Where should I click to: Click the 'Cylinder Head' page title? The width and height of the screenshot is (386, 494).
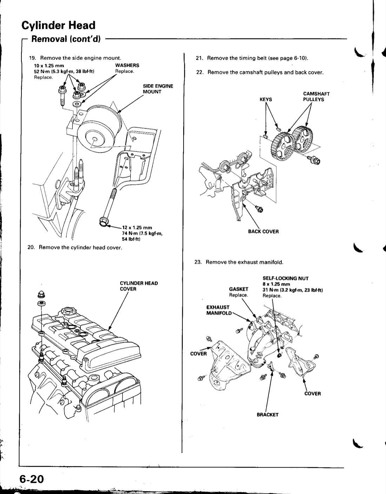tap(58, 25)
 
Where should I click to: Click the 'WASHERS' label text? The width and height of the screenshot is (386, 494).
tap(127, 66)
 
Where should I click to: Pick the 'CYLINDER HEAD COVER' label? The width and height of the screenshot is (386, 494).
tap(139, 286)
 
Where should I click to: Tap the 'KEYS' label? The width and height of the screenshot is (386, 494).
tap(266, 99)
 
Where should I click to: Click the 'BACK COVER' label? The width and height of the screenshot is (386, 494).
tap(263, 232)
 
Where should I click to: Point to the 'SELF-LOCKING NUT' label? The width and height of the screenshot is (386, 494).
tap(286, 279)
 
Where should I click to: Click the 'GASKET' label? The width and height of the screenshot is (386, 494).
tap(239, 289)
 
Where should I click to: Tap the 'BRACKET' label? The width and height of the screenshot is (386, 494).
tap(267, 415)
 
